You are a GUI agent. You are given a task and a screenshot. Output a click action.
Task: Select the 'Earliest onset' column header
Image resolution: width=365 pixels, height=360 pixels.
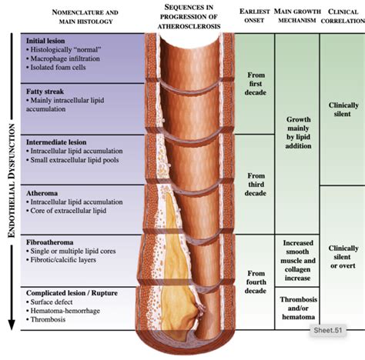[x=256, y=18]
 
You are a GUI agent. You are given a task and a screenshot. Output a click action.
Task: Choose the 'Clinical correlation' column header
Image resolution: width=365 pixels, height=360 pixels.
[x=343, y=18]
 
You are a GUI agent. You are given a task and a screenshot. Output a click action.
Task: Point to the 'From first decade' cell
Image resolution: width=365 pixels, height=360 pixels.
[x=256, y=85]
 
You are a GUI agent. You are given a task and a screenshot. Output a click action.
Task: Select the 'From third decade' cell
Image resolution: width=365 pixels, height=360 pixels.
[x=256, y=185]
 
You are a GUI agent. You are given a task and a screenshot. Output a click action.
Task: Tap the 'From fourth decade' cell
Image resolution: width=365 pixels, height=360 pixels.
[x=256, y=282]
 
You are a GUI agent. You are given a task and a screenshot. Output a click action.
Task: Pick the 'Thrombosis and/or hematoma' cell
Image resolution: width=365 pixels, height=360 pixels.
[x=298, y=308]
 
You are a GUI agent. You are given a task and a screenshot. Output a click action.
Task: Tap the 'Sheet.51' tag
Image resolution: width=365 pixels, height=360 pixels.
[x=333, y=329]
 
